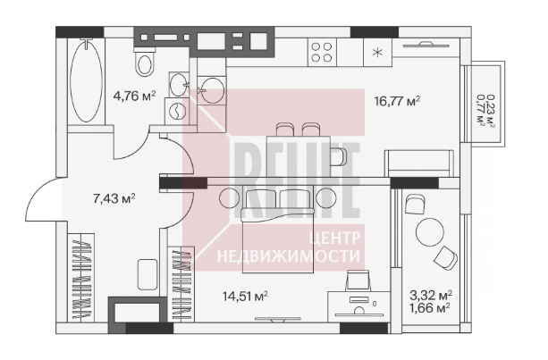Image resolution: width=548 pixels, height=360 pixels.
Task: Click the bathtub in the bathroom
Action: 86,81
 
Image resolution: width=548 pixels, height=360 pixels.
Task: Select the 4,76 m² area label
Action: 134,96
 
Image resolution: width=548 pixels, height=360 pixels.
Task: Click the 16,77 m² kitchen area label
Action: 397,101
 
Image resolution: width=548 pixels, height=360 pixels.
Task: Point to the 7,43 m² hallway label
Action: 114,198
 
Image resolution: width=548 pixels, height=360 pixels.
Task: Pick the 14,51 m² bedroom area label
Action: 245,297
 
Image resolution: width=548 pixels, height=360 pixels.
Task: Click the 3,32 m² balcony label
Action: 431,296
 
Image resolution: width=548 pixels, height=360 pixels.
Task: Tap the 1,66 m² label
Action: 431,308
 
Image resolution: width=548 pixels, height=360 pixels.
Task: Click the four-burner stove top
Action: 322,53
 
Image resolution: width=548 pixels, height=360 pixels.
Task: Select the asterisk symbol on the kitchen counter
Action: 377,53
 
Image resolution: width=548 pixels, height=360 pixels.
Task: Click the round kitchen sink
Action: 213,90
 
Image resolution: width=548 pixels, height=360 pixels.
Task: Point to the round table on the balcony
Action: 430,232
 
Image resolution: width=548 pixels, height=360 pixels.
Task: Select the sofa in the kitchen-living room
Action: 419,163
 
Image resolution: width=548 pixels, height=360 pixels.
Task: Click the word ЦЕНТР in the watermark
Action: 334,239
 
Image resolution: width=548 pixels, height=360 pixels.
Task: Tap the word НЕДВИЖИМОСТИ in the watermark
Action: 289,256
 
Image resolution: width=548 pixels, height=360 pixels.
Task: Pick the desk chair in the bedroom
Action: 358,281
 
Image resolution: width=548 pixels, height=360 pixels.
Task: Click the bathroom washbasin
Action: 179,85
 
